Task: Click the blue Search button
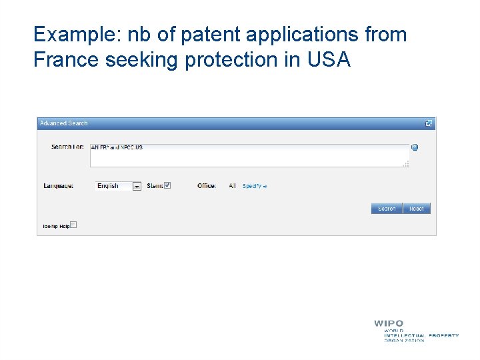[x=387, y=209]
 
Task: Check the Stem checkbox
[x=167, y=185]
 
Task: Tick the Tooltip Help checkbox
[x=73, y=225]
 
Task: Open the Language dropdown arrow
[x=137, y=187]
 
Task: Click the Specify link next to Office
[x=254, y=186]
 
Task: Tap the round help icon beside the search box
[x=415, y=147]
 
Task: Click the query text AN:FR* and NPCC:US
[x=117, y=147]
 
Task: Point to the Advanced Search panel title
[x=64, y=123]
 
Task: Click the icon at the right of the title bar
[x=429, y=123]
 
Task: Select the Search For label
[x=67, y=147]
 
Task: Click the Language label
[x=59, y=186]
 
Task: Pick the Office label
[x=207, y=186]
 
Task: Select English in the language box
[x=108, y=186]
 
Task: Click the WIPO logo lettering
[x=389, y=324]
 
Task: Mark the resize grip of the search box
[x=407, y=164]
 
